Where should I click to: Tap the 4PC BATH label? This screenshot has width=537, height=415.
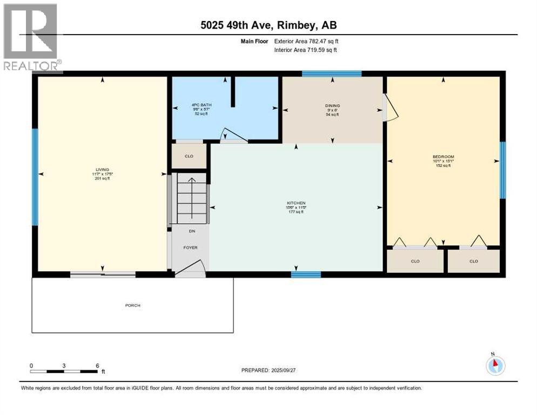point(199,105)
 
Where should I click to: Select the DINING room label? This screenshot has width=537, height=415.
point(332,106)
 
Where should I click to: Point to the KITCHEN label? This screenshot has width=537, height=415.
point(296,203)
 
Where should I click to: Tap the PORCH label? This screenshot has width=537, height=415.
point(132,305)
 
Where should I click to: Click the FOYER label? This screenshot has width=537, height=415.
point(190,247)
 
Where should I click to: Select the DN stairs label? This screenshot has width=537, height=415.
point(191,231)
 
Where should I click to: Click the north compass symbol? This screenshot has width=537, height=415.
point(494,365)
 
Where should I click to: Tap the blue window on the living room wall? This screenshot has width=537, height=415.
point(35,176)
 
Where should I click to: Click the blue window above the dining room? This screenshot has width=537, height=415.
point(331,73)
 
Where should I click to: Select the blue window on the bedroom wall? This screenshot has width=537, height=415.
point(502,170)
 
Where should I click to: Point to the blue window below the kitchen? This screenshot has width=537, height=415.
point(306,275)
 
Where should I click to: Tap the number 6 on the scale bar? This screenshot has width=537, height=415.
point(97,365)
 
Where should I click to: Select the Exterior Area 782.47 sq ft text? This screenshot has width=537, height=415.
point(306,41)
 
